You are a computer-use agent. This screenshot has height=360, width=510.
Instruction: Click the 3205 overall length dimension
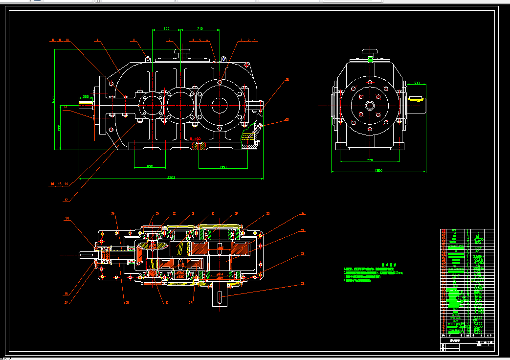click(171, 177)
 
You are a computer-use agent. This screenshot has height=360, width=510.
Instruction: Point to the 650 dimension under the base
click(150, 167)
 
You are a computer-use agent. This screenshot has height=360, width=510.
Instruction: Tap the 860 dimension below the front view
click(223, 167)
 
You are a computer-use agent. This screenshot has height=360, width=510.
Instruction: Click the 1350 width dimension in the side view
click(378, 170)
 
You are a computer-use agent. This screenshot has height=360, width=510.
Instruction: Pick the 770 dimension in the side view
click(370, 159)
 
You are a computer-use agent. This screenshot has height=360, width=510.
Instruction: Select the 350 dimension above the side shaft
click(417, 83)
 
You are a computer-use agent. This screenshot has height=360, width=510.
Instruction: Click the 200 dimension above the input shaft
click(86, 96)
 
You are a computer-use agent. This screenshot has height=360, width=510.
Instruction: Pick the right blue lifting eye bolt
click(223, 59)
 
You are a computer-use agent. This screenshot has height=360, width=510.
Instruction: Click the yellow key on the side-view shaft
click(416, 99)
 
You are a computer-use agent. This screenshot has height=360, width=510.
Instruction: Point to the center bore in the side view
click(369, 105)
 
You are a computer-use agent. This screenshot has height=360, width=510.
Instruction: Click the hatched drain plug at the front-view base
click(198, 145)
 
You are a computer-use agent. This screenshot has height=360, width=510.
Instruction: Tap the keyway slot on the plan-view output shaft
click(220, 296)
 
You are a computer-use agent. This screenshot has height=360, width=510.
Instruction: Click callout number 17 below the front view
click(67, 200)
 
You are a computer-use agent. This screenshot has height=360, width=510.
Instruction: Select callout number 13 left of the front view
click(66, 106)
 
